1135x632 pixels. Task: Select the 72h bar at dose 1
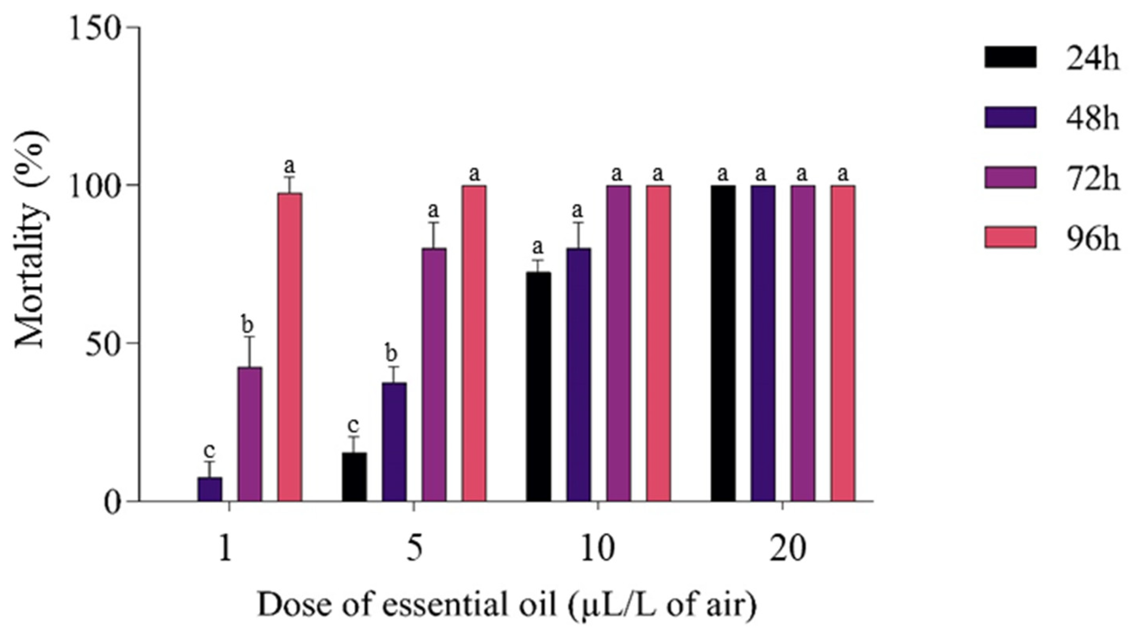[x=250, y=434]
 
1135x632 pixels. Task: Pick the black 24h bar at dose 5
[x=354, y=477]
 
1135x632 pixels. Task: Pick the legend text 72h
[x=1092, y=179]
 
